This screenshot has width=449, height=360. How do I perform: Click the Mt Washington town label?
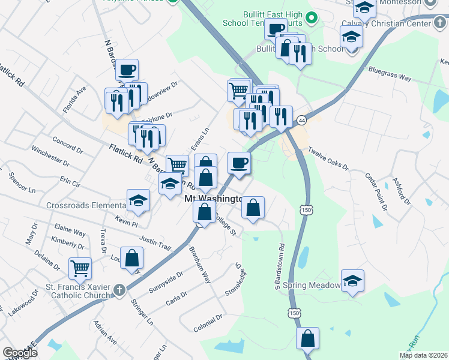(x=213, y=199)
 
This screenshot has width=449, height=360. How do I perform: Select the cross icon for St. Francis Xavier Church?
(x=119, y=290)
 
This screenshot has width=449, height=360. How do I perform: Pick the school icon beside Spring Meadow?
(x=352, y=280)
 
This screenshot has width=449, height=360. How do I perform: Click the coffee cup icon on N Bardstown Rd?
(x=127, y=70)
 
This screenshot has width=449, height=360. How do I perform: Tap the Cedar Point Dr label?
(x=377, y=190)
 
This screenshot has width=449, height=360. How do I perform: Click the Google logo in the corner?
(x=20, y=353)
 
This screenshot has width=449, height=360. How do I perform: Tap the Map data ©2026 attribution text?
(x=424, y=355)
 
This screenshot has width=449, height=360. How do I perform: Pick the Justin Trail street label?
(x=155, y=242)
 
